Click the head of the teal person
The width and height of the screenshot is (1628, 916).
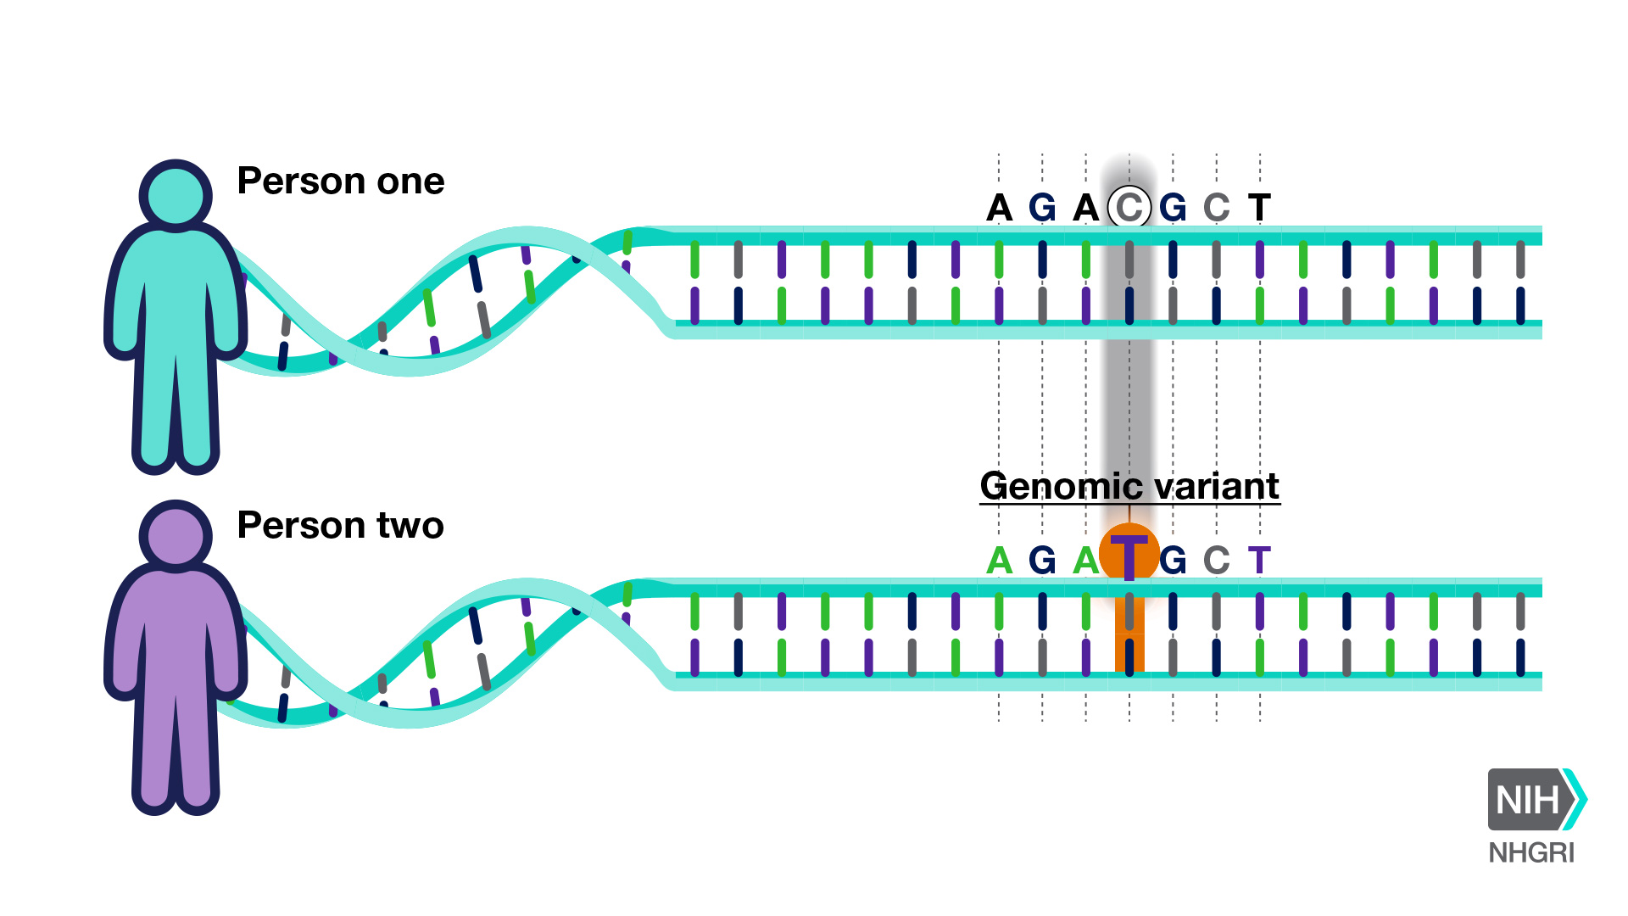pyautogui.click(x=176, y=195)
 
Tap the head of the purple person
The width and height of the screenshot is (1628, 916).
pyautogui.click(x=176, y=536)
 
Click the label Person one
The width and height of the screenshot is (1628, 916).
pyautogui.click(x=341, y=181)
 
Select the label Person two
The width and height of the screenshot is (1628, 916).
pyautogui.click(x=341, y=525)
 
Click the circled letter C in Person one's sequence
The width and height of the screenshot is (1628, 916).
pyautogui.click(x=1129, y=207)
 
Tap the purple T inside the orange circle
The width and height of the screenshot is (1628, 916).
pyautogui.click(x=1129, y=556)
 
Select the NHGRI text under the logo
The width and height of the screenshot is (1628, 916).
pyautogui.click(x=1531, y=852)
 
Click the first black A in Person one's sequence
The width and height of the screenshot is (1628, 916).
pyautogui.click(x=1000, y=208)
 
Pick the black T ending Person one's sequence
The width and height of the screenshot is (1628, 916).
pyautogui.click(x=1260, y=208)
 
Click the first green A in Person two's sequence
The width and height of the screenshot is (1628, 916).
pyautogui.click(x=1000, y=561)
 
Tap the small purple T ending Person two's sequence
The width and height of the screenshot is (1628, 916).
pyautogui.click(x=1260, y=561)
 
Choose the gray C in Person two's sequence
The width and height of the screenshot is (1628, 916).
pyautogui.click(x=1217, y=561)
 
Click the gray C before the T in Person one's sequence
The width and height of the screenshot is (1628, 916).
pyautogui.click(x=1217, y=208)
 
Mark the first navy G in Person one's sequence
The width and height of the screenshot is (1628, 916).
pyautogui.click(x=1042, y=208)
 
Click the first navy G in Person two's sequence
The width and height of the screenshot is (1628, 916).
pyautogui.click(x=1042, y=561)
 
